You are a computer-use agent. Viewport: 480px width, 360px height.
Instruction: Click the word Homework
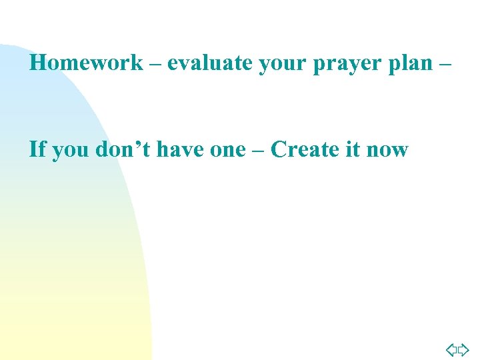pos(87,63)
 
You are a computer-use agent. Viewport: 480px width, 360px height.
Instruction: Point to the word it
pos(351,149)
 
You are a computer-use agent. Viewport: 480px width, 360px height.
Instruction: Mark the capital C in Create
pos(280,149)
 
